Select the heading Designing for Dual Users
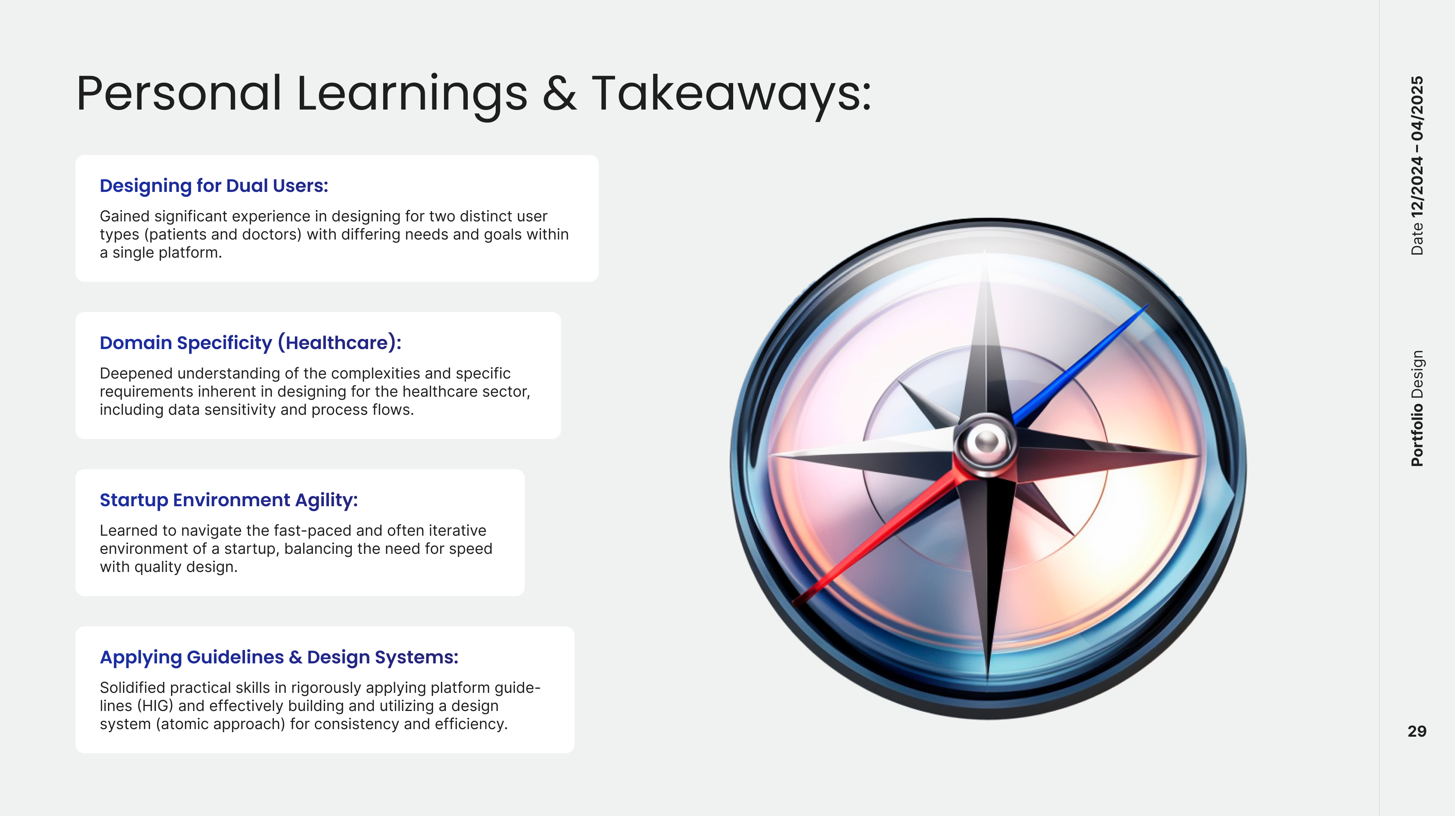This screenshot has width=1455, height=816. click(214, 186)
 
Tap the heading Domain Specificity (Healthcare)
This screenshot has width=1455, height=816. click(250, 343)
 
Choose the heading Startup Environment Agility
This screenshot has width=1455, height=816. click(229, 500)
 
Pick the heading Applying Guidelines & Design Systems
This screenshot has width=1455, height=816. click(279, 657)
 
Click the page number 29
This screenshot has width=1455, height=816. click(1416, 731)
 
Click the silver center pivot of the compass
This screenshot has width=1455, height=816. click(986, 441)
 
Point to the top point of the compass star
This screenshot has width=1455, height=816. click(985, 252)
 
